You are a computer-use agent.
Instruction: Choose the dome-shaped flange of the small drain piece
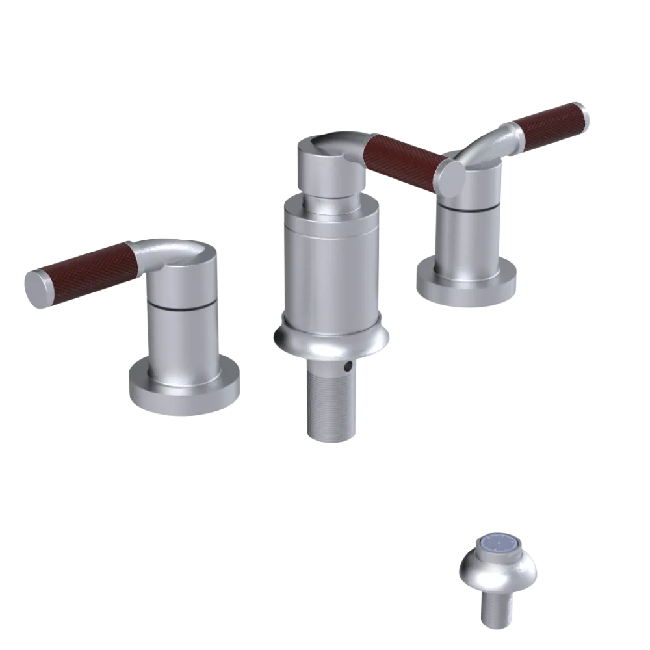[497, 575]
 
